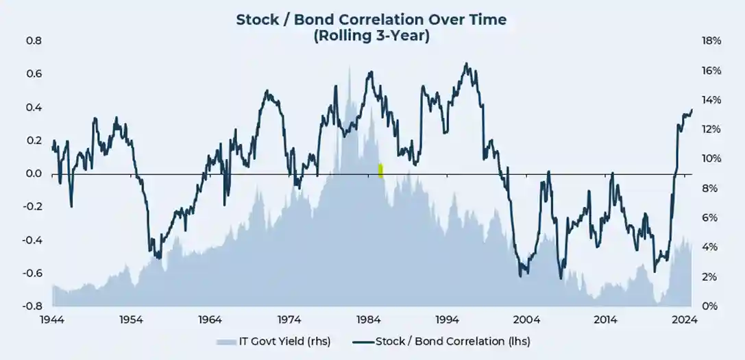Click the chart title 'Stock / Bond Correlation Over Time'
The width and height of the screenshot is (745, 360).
pyautogui.click(x=371, y=19)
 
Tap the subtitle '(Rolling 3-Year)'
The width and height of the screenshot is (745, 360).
pyautogui.click(x=371, y=36)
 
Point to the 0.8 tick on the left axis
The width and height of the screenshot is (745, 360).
pyautogui.click(x=34, y=41)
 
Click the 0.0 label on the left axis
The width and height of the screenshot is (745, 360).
pyautogui.click(x=34, y=174)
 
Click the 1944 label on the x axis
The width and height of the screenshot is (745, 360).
pyautogui.click(x=52, y=320)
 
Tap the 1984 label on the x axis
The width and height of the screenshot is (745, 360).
pyautogui.click(x=369, y=320)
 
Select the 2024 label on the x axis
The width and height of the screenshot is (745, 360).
pyautogui.click(x=685, y=320)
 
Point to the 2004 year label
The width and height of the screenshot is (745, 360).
pyautogui.click(x=526, y=320)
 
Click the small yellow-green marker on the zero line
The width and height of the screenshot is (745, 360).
pyautogui.click(x=380, y=171)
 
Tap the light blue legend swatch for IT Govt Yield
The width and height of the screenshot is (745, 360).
pyautogui.click(x=225, y=341)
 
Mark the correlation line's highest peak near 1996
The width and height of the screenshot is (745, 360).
pyautogui.click(x=466, y=64)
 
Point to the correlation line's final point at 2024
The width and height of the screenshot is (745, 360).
pyautogui.click(x=692, y=110)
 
